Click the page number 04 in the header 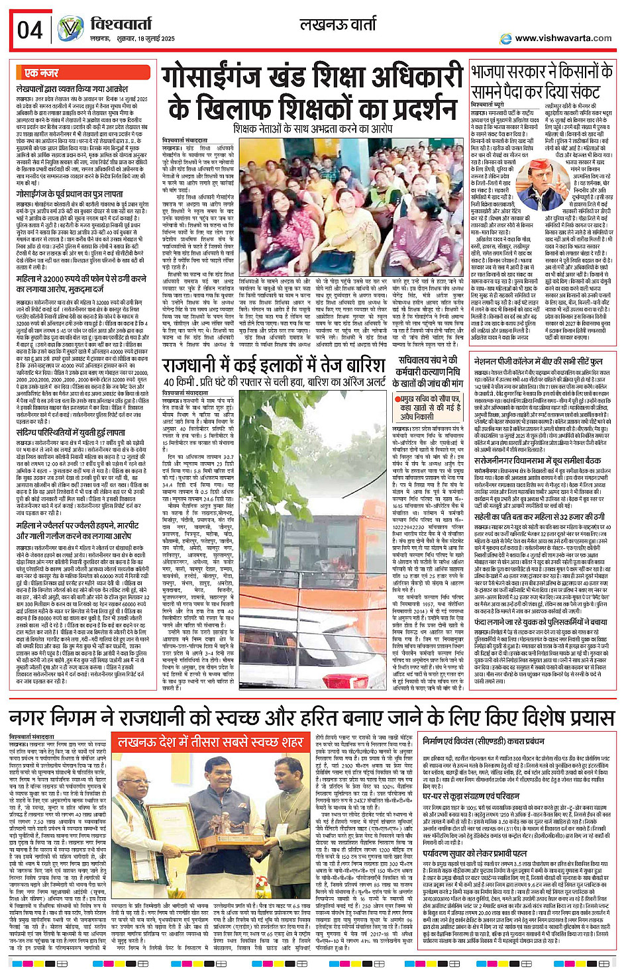(29, 30)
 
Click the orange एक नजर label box (40, 73)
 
